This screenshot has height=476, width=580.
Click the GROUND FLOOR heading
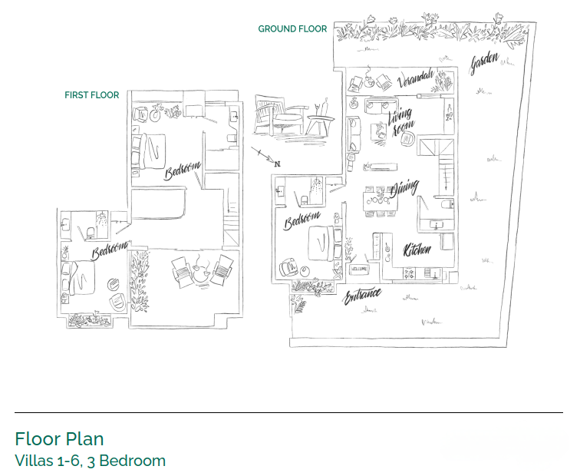point(292,29)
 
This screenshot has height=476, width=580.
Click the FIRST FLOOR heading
point(92,95)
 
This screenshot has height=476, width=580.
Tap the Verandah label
point(415,78)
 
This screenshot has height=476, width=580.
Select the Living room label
point(401,121)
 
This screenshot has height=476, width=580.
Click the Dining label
point(404,188)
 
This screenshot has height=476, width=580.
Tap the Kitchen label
point(417,250)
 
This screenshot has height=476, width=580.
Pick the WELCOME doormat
point(359,269)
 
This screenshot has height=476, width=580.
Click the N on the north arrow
point(278,164)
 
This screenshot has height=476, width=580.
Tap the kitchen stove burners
point(410,273)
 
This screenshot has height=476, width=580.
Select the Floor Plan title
point(59,439)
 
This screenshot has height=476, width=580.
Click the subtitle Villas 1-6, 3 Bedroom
point(91,461)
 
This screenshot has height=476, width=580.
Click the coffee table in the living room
point(379,131)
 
